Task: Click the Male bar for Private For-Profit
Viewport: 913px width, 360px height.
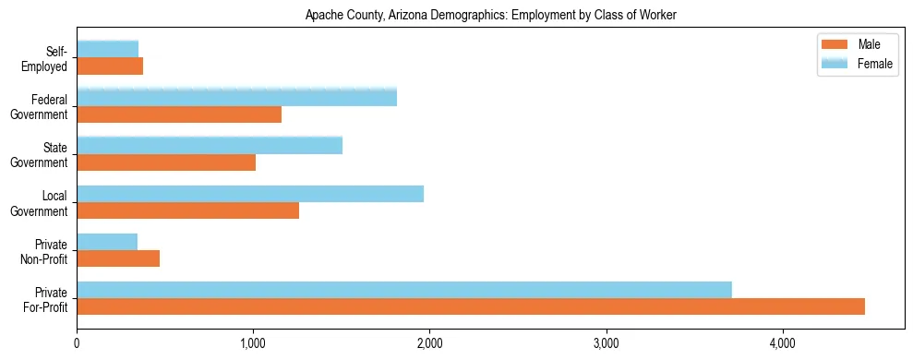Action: click(471, 306)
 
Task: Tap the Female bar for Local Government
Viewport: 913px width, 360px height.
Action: click(250, 194)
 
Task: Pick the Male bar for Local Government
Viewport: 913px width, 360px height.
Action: click(187, 210)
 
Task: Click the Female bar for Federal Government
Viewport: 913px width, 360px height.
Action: click(236, 97)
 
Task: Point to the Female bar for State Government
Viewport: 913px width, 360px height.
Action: click(210, 145)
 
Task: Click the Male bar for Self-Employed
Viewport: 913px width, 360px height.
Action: click(110, 66)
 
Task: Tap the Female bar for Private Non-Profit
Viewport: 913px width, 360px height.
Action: click(107, 242)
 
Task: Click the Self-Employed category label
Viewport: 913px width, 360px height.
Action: click(49, 58)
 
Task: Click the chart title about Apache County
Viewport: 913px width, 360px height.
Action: click(491, 15)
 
